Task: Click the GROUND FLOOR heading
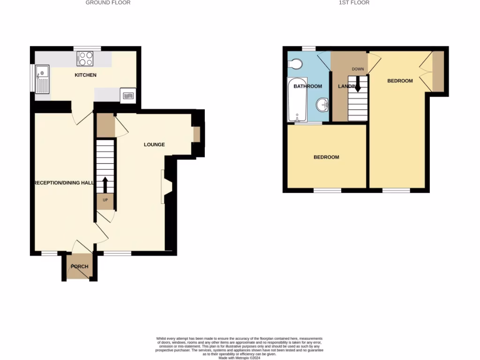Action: coord(108,3)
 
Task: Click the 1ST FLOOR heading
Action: coord(354,3)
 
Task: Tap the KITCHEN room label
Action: coord(85,75)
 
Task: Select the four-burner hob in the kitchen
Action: coord(85,58)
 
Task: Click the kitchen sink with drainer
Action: coord(42,80)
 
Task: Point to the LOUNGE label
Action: coord(154,144)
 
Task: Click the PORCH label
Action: coord(79,267)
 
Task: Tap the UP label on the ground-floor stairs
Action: coord(105,200)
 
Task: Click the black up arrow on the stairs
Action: coord(105,185)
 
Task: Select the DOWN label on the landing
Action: coord(358,69)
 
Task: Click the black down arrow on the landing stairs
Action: coord(358,84)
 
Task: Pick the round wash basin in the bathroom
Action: coord(322,105)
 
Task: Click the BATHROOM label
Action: coord(307,86)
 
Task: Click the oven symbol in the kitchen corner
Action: coord(128,96)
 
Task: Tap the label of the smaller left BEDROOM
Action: coord(326,157)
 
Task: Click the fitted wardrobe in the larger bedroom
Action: coord(437,71)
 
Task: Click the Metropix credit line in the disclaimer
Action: coord(240,358)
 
